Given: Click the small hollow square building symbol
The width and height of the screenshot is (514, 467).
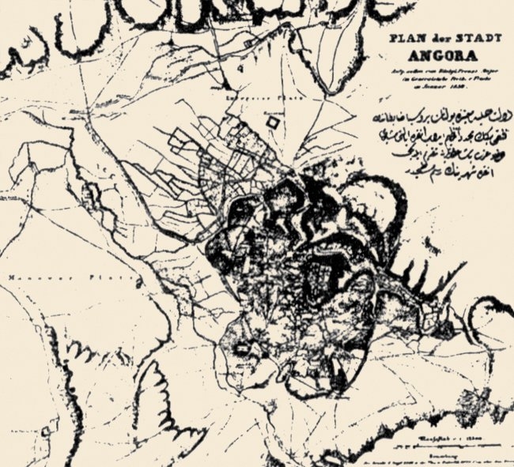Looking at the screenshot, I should pyautogui.click(x=274, y=123).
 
